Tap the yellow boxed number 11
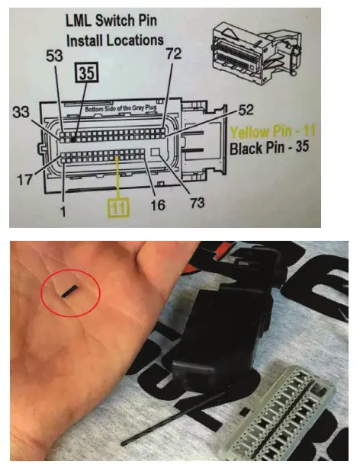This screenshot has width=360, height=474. [x=117, y=207]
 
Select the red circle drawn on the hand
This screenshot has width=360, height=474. [x=69, y=290]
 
